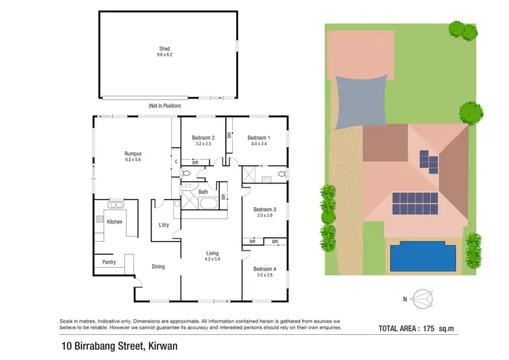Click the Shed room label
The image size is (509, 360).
pyautogui.click(x=165, y=48)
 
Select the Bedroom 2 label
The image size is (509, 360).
pyautogui.click(x=203, y=137)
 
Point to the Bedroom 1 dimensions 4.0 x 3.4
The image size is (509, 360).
pyautogui.click(x=259, y=144)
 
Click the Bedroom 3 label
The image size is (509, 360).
pyautogui.click(x=265, y=209)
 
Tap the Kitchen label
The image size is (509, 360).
pyautogui.click(x=115, y=221)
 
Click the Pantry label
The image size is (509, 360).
pyautogui.click(x=109, y=262)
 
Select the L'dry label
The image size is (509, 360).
pyautogui.click(x=164, y=226)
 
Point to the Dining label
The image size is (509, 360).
pyautogui.click(x=158, y=266)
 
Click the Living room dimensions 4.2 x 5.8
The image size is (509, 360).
pyautogui.click(x=212, y=259)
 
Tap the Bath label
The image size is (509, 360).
pyautogui.click(x=203, y=192)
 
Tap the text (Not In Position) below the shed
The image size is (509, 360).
pyautogui.click(x=165, y=106)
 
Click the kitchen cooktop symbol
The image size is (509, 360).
pyautogui.click(x=99, y=219)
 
